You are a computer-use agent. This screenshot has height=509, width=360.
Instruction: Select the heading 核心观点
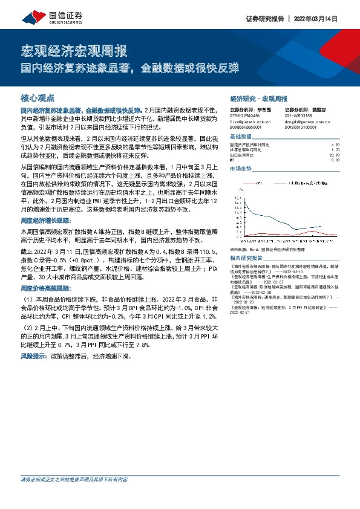(38, 97)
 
